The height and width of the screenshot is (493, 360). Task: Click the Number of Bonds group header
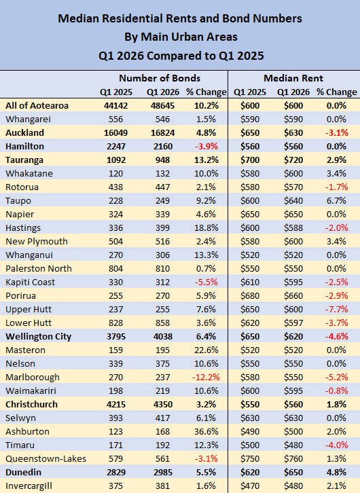tap(160, 78)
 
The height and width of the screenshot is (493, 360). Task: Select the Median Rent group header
tap(293, 78)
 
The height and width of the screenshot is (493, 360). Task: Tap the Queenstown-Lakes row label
tap(46, 458)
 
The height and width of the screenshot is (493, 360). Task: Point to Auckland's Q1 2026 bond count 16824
tap(162, 132)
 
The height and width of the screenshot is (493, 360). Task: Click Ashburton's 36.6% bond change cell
tap(206, 431)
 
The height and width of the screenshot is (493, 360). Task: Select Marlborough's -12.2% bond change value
tap(206, 377)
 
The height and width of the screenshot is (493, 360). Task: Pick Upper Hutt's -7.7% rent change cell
tap(336, 309)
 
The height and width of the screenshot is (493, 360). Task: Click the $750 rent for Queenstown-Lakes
tap(250, 458)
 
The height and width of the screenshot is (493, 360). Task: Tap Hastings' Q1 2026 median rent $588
tap(293, 227)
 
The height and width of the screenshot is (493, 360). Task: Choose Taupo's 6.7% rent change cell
tap(336, 200)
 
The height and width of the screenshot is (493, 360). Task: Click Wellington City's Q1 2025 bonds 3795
tap(115, 336)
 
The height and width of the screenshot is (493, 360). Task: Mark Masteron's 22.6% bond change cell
tap(206, 350)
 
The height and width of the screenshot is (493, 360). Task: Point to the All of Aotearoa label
tap(37, 105)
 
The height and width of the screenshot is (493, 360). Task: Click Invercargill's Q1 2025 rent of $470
tap(250, 486)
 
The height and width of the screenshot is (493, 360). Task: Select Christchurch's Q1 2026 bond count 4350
tap(163, 404)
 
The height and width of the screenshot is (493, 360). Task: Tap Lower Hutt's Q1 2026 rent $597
tap(293, 323)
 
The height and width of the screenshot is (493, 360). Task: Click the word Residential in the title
tap(131, 18)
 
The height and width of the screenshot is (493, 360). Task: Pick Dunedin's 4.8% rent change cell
tap(336, 472)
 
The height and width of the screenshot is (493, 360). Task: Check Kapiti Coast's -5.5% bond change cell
tap(206, 282)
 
